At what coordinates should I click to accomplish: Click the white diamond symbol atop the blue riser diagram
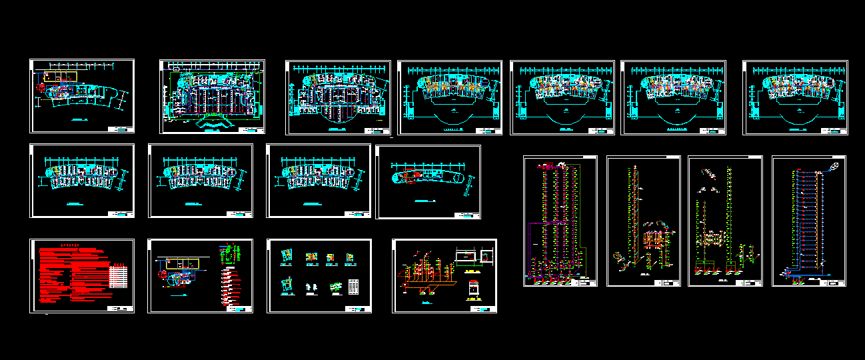tap(834, 165)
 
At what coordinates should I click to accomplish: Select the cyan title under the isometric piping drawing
tap(425, 303)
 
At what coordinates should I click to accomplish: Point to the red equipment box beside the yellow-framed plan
tap(47, 76)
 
